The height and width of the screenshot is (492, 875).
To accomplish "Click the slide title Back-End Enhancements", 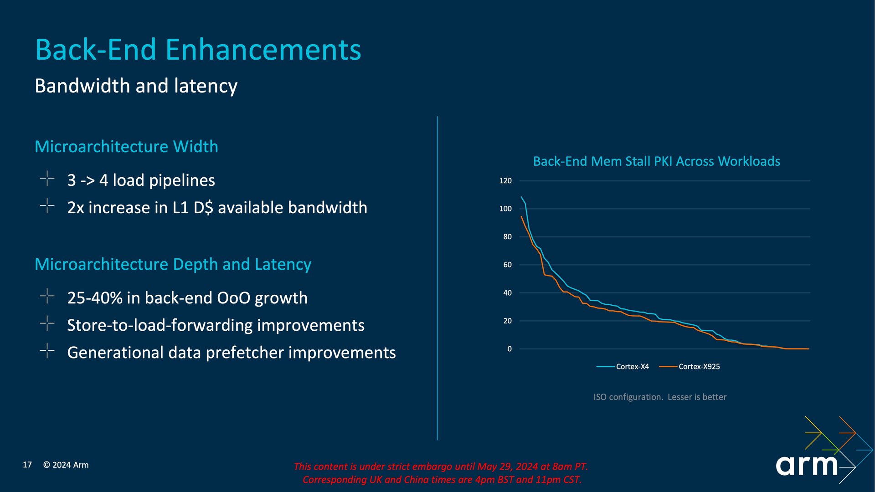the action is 198,50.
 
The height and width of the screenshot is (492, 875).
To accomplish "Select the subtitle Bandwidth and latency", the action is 136,86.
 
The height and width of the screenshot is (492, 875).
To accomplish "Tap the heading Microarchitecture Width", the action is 127,147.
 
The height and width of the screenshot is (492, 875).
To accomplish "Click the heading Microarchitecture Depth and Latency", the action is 173,264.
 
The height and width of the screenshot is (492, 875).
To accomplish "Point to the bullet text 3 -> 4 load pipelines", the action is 141,180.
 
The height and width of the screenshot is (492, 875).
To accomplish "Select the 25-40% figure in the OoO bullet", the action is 95,298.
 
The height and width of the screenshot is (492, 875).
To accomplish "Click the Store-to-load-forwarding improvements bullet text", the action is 216,325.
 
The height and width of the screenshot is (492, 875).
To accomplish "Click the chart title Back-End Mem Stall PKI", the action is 657,161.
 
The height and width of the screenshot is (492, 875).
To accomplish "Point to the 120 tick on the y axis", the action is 505,181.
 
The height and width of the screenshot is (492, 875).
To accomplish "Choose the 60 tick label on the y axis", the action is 507,265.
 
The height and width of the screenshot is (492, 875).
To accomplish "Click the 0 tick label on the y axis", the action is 510,349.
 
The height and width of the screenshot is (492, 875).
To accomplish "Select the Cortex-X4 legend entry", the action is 623,367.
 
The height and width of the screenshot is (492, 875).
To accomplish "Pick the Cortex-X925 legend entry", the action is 690,367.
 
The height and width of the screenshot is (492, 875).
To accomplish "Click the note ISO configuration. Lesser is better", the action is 660,397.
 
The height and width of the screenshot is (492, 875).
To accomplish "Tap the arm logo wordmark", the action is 807,465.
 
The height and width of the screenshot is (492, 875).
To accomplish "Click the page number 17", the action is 27,465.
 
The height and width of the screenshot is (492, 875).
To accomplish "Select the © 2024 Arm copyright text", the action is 66,465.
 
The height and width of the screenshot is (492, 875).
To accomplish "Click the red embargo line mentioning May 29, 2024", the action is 441,466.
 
